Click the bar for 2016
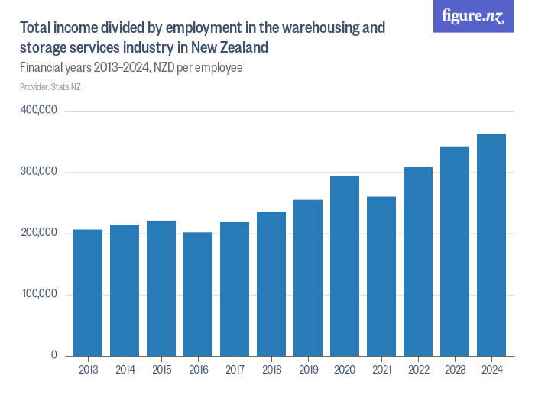[x=198, y=294]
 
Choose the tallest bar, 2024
[x=491, y=245]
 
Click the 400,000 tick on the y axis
[x=40, y=110]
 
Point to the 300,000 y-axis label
[x=40, y=172]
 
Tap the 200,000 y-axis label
[x=40, y=233]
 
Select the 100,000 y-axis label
[x=40, y=294]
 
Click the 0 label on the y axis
[x=54, y=355]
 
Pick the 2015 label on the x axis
[x=161, y=370]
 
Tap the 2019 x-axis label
[x=308, y=370]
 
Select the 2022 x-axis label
[x=418, y=370]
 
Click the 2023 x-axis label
[x=455, y=370]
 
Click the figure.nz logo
[x=474, y=17]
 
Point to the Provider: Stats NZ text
[x=50, y=87]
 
